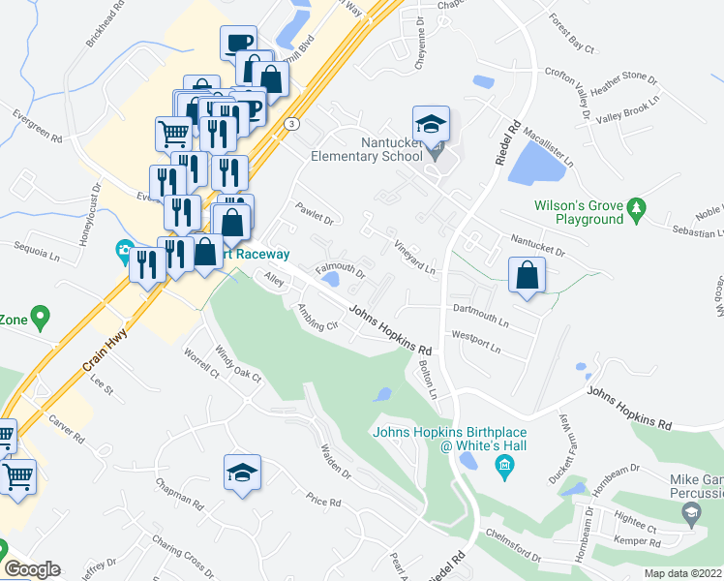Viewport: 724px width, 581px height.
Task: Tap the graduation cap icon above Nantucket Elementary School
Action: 431,124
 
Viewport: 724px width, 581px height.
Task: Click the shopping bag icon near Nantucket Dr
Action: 525,275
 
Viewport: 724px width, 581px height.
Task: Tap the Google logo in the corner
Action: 32,569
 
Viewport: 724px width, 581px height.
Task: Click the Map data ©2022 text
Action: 683,573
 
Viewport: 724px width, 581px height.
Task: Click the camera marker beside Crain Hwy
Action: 124,253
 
